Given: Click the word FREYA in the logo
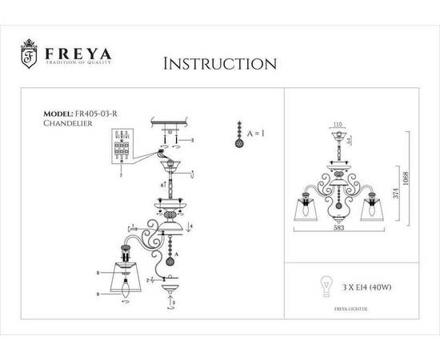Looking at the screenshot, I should (78, 54).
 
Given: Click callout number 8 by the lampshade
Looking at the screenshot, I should (98, 274).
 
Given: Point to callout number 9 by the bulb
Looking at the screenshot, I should (98, 294).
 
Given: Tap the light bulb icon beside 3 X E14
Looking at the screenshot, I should (325, 285).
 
